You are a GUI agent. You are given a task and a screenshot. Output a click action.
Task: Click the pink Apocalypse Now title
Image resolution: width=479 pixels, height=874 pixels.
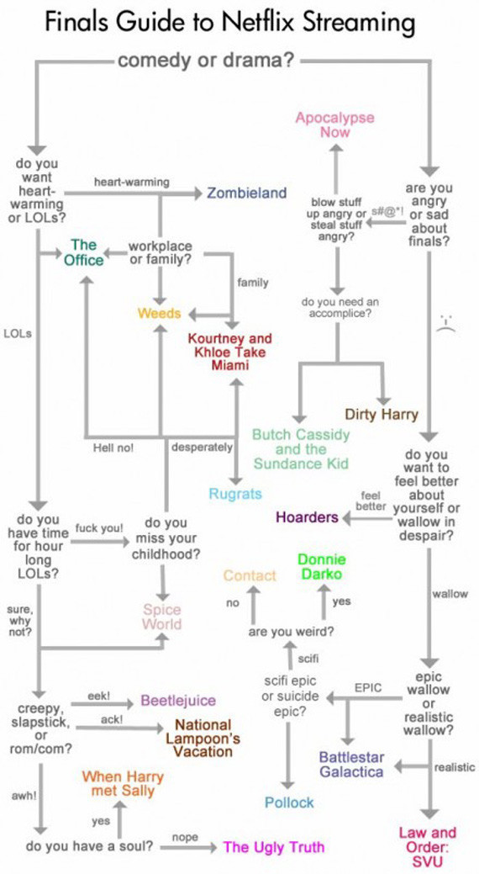coord(334,124)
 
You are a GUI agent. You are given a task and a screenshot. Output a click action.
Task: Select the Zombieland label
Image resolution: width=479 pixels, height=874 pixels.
coord(247,193)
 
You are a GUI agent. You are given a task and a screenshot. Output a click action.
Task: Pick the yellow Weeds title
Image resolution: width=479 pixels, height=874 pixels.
coord(160,313)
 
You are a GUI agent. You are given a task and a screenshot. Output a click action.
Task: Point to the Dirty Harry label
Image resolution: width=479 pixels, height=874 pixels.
coord(382,414)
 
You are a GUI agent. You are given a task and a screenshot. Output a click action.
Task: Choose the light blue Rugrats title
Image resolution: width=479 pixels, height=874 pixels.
coord(235,494)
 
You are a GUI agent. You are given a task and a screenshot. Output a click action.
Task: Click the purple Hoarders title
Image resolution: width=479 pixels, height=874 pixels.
coord(308,517)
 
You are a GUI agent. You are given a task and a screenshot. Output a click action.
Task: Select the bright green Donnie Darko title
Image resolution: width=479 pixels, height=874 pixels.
coord(322,567)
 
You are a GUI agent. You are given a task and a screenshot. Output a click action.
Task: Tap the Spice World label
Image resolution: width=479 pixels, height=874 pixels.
coord(162,617)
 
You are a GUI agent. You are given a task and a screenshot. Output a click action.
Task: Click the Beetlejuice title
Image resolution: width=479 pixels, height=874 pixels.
coord(177,700)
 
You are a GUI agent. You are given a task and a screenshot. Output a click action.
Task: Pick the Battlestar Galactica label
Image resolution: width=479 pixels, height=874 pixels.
coord(351,765)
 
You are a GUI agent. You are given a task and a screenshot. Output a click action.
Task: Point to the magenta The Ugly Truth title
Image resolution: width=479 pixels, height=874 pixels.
coord(273,847)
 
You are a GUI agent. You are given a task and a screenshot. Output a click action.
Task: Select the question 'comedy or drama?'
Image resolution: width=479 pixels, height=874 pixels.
coord(207,61)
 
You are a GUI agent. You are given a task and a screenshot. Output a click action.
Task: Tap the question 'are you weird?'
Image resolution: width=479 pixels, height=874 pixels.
coord(292,632)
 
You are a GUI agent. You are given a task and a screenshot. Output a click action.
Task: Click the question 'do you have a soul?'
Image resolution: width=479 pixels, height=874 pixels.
coord(89,845)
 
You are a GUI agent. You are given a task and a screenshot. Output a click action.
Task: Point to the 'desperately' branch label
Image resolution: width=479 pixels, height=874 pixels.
coord(202,448)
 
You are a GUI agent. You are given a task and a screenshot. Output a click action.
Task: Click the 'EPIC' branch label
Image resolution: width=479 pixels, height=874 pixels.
coord(368,688)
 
